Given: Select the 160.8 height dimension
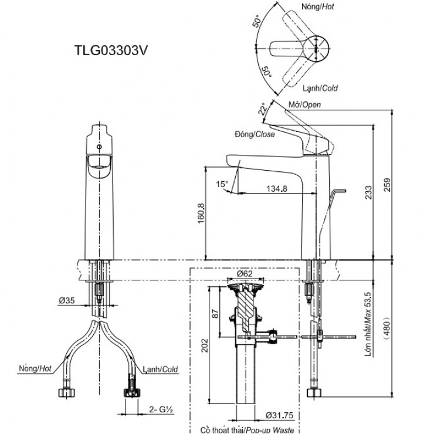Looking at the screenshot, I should (202, 215).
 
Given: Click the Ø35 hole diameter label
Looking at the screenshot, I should (66, 301).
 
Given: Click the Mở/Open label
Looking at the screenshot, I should (305, 104).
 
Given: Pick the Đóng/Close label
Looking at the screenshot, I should (254, 134).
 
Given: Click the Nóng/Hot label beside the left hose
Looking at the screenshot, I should (36, 369).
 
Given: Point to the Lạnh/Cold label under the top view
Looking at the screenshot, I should (320, 89).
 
